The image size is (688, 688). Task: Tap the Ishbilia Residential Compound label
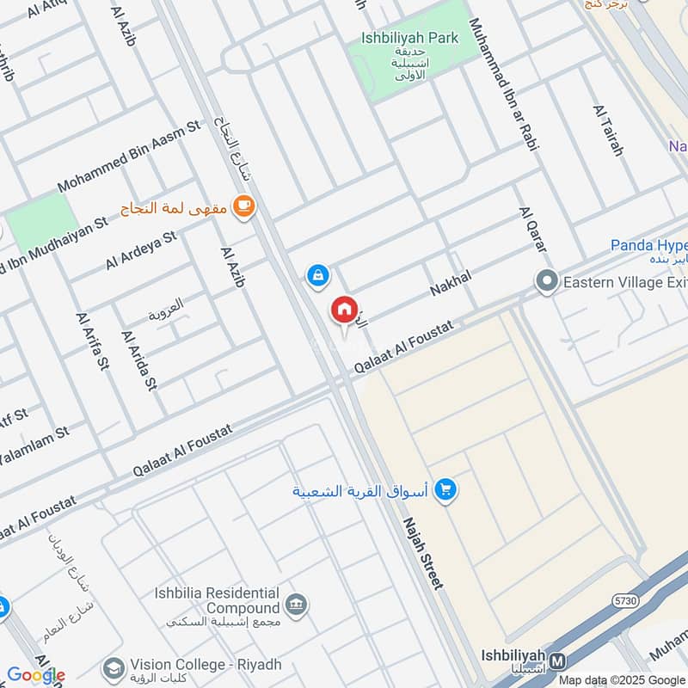point(218,600)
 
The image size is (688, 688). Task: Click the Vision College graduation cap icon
point(113,666)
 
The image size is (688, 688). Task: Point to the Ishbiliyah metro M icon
point(558,660)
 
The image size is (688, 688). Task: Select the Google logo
point(35,675)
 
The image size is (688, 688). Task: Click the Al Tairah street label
point(607,130)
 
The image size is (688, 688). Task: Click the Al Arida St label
point(139,359)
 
